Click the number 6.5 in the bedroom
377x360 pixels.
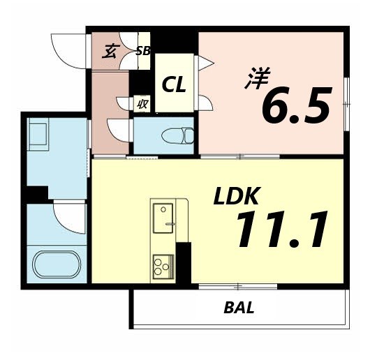pyautogui.click(x=295, y=106)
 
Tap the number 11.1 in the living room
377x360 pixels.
pyautogui.click(x=281, y=230)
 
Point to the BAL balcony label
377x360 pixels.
pyautogui.click(x=239, y=307)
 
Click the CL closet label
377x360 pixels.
pyautogui.click(x=174, y=85)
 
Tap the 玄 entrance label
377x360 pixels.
pyautogui.click(x=110, y=50)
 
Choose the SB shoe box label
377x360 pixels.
pyautogui.click(x=143, y=50)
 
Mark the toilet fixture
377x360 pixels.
pyautogui.click(x=177, y=135)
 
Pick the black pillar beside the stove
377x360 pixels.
pyautogui.click(x=184, y=262)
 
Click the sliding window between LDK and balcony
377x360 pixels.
pyautogui.click(x=237, y=286)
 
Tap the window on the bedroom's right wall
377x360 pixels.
pyautogui.click(x=346, y=102)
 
